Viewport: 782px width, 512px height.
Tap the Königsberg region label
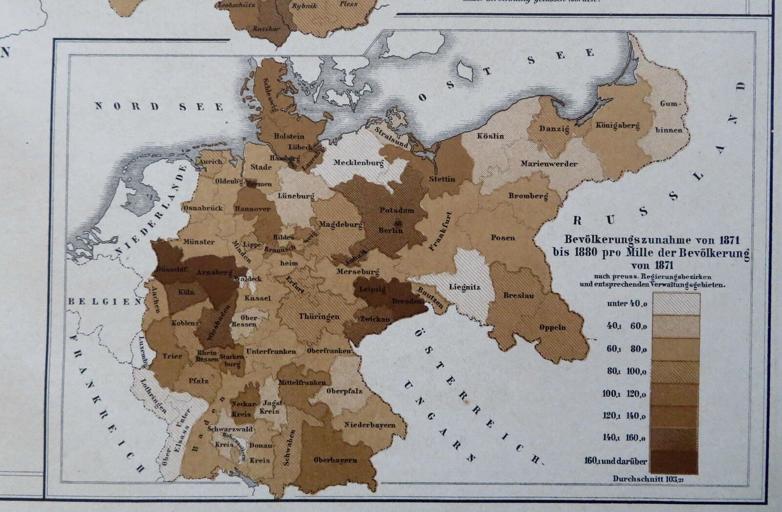[617, 126]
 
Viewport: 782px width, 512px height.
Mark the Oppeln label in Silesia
[553, 328]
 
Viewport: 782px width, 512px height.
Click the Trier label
[172, 356]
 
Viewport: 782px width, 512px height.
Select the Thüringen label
[319, 316]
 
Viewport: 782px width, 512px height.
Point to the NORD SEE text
[159, 107]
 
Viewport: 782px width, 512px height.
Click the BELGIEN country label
[105, 302]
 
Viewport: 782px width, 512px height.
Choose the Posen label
[503, 238]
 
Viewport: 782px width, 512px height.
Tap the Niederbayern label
[369, 425]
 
